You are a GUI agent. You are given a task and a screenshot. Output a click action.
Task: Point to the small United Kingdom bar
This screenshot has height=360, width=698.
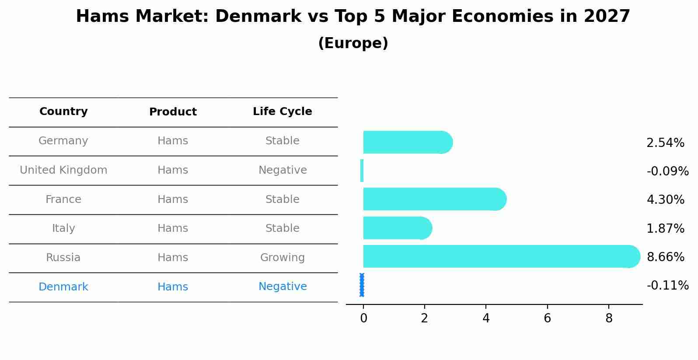tap(362, 171)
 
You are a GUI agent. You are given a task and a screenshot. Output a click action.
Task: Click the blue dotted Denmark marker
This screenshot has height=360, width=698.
tap(362, 285)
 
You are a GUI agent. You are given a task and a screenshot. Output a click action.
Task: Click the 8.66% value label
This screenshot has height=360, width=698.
tap(665, 257)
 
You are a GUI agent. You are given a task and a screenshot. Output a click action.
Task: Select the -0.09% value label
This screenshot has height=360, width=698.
tap(667, 171)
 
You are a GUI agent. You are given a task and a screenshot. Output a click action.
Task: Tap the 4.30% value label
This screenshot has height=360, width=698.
tap(665, 200)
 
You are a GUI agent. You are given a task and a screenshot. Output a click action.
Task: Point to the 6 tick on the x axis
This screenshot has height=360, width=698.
tap(547, 318)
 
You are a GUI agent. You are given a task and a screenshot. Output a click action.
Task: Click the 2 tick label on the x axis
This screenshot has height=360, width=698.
tap(424, 318)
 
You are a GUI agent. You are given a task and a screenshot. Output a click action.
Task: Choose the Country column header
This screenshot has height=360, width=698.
tap(63, 112)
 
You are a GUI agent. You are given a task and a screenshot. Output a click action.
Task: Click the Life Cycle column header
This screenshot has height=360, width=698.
tap(282, 112)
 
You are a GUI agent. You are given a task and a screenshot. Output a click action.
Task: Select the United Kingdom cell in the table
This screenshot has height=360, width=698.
tap(63, 170)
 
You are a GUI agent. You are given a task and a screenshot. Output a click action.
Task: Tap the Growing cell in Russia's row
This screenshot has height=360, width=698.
tap(282, 258)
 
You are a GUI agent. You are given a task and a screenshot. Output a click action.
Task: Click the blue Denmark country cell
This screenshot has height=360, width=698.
tap(63, 287)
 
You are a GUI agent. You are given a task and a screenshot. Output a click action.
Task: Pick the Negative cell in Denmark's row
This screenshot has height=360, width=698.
tap(282, 287)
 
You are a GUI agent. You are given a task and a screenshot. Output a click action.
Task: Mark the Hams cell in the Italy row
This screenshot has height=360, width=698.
tap(173, 228)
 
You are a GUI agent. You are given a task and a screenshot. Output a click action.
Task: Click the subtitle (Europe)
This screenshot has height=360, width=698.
tap(353, 43)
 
